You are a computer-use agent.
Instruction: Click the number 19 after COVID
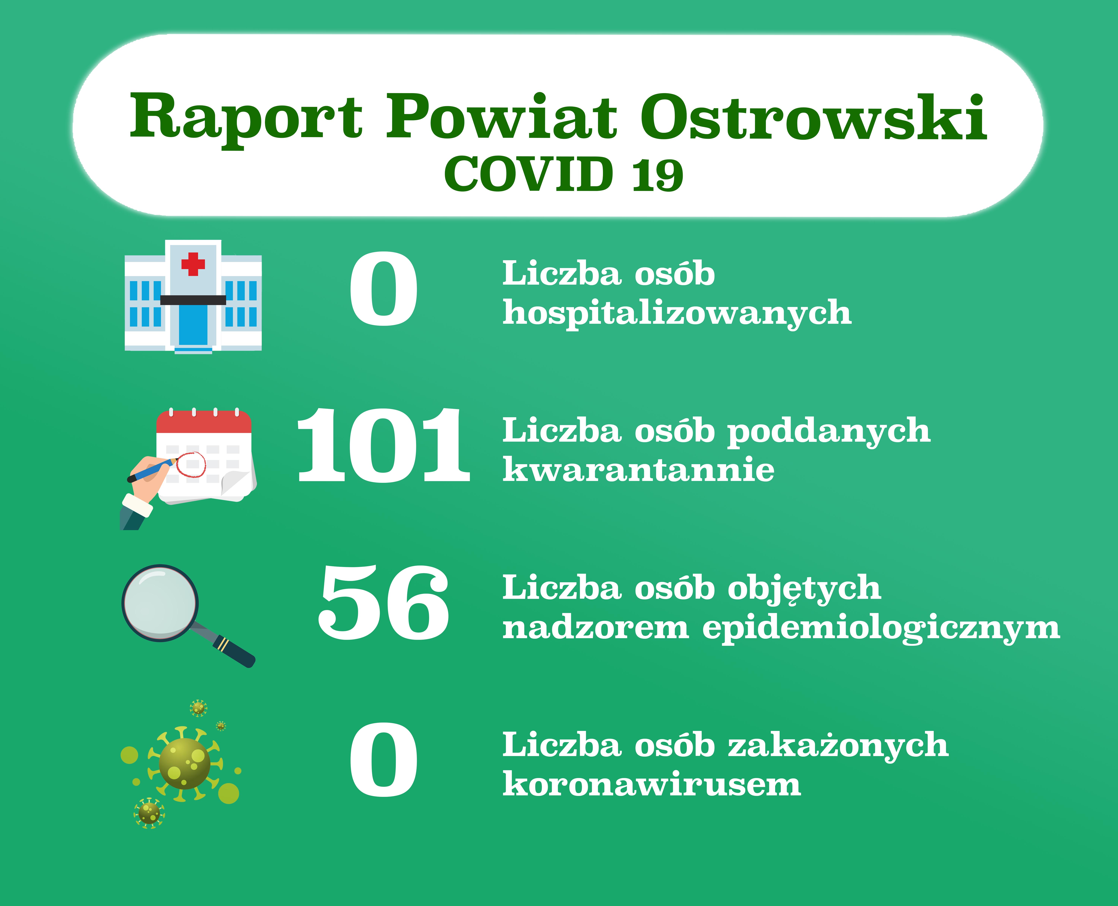pyautogui.click(x=658, y=175)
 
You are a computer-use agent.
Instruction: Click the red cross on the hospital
pyautogui.click(x=193, y=264)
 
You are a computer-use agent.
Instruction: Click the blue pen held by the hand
pyautogui.click(x=151, y=470)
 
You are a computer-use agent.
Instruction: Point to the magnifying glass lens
pyautogui.click(x=160, y=603)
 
